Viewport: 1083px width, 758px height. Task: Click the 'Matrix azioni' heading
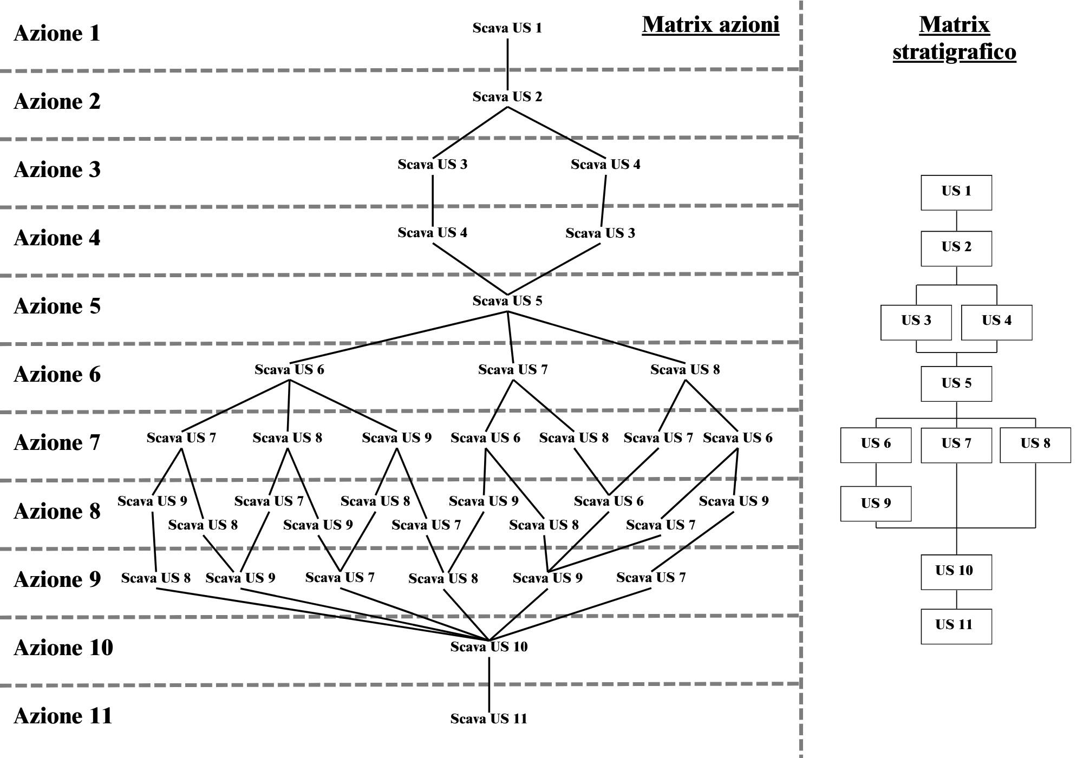click(x=710, y=25)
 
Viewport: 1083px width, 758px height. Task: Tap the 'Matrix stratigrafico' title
click(x=954, y=38)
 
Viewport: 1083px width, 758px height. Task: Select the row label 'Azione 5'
click(x=57, y=306)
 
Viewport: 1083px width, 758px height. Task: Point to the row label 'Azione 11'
click(x=63, y=716)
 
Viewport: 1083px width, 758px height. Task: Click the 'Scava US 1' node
click(x=507, y=28)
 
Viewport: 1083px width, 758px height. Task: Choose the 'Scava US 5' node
click(x=507, y=301)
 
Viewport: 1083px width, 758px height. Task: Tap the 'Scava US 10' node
click(x=488, y=647)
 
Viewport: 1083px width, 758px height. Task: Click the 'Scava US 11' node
click(x=488, y=719)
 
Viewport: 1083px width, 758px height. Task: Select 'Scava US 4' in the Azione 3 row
click(x=605, y=165)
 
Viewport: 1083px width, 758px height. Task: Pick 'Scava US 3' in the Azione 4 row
click(x=600, y=233)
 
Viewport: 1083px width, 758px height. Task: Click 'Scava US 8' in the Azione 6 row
click(x=685, y=370)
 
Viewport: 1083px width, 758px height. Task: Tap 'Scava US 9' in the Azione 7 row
click(x=396, y=438)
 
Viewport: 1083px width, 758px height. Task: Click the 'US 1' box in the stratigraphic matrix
click(x=956, y=192)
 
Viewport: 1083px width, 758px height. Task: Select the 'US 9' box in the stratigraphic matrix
click(x=876, y=504)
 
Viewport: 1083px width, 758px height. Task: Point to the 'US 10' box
click(x=956, y=572)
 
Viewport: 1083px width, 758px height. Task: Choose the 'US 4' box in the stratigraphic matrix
click(x=996, y=322)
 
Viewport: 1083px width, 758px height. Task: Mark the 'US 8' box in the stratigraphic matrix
click(x=1035, y=445)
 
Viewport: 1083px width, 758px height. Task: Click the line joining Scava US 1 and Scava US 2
click(x=507, y=63)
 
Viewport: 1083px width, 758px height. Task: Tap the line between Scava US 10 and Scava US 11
click(x=489, y=683)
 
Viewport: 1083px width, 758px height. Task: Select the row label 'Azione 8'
click(x=57, y=511)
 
